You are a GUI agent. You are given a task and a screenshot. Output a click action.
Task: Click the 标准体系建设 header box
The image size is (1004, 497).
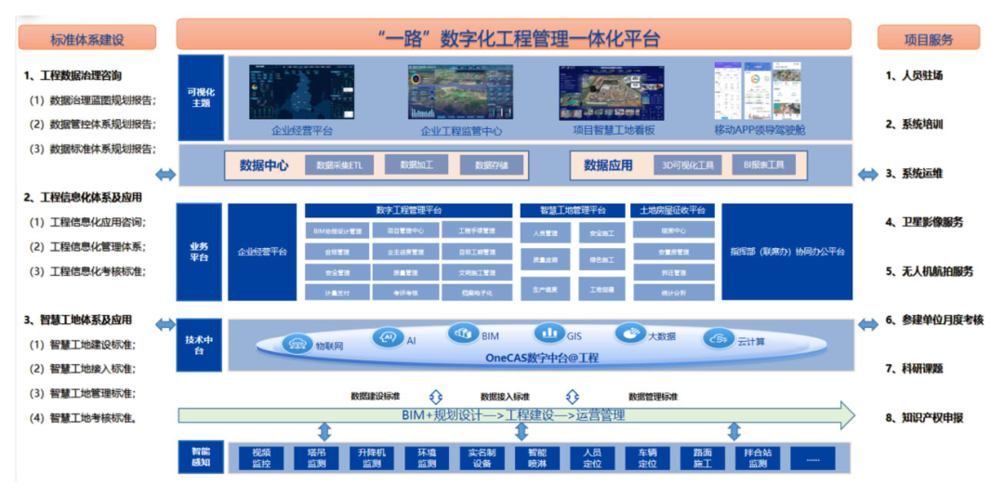(86, 39)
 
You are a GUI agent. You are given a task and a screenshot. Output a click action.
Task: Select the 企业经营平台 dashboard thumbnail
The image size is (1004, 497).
(302, 93)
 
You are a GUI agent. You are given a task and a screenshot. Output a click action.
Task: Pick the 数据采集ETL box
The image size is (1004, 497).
(338, 165)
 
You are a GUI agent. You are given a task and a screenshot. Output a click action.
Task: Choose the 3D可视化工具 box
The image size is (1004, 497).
(688, 165)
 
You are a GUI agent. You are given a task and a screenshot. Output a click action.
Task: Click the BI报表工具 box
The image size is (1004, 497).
(763, 165)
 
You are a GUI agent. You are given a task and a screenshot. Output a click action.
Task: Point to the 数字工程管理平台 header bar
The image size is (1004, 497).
(408, 211)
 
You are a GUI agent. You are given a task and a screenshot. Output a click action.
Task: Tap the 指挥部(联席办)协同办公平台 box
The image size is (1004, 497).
(786, 252)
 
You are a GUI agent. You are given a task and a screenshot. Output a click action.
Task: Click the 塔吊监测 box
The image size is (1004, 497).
(316, 458)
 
